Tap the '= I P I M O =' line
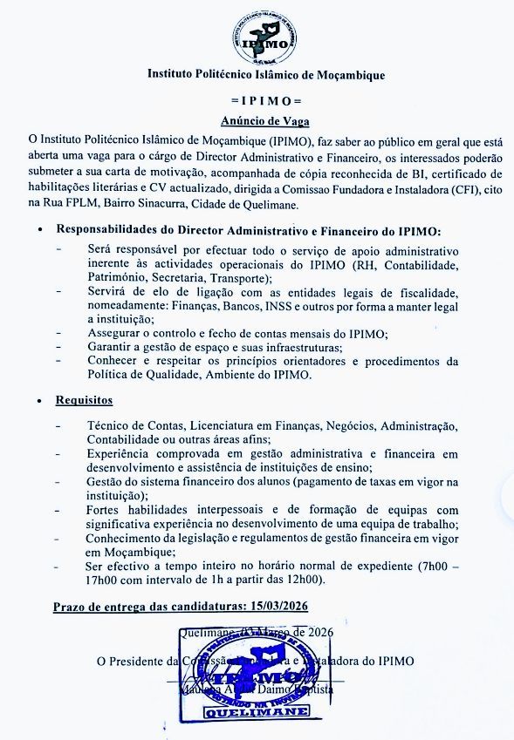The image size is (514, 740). pyautogui.click(x=264, y=101)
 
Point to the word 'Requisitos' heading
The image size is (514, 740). pyautogui.click(x=85, y=400)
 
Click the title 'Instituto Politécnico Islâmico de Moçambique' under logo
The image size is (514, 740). pyautogui.click(x=265, y=76)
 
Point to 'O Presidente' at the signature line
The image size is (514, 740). pyautogui.click(x=130, y=661)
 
